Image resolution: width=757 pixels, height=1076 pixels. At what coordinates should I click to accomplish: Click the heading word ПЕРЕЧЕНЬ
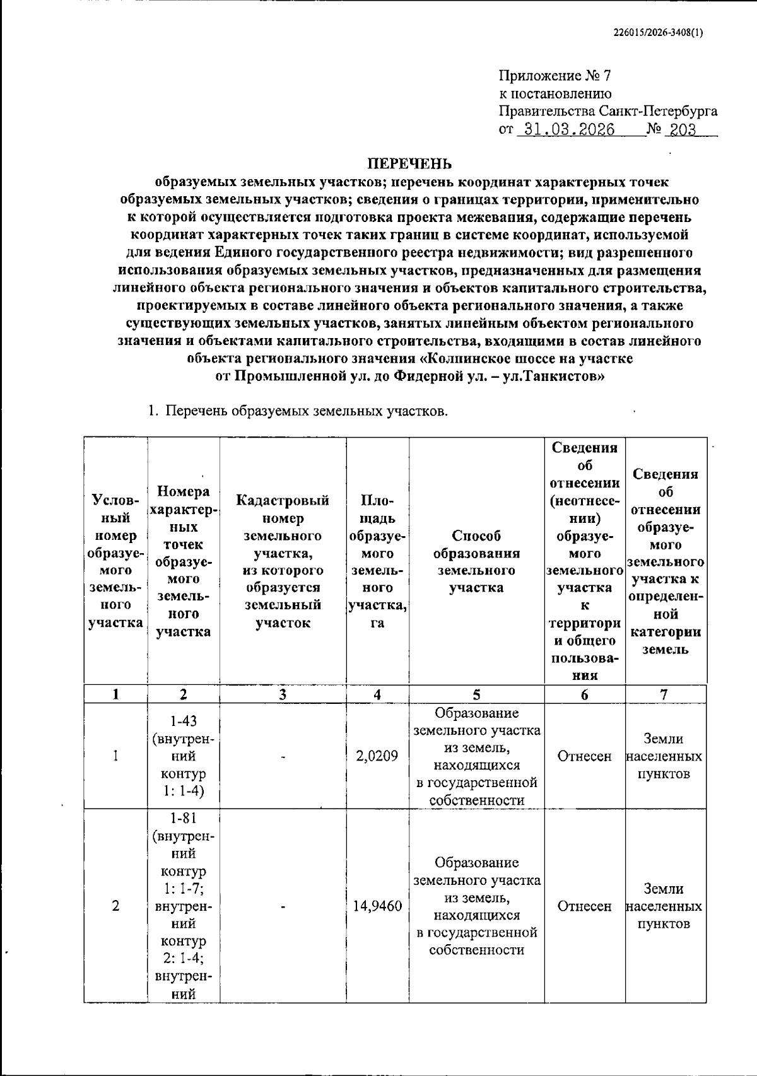pyautogui.click(x=410, y=164)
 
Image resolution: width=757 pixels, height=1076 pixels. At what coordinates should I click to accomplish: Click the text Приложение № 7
pyautogui.click(x=555, y=76)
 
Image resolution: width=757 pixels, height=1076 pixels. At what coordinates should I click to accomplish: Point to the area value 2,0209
pyautogui.click(x=377, y=756)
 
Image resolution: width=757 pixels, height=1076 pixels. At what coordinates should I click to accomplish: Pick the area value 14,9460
pyautogui.click(x=377, y=906)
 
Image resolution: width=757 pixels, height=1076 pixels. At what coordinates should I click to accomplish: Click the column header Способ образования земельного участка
pyautogui.click(x=476, y=561)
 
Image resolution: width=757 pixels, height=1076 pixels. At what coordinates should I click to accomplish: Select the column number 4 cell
pyautogui.click(x=377, y=694)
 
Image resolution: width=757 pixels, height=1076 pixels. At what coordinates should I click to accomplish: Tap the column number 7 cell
pyautogui.click(x=664, y=694)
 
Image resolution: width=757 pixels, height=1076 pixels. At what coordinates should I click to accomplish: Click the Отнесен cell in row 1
pyautogui.click(x=584, y=756)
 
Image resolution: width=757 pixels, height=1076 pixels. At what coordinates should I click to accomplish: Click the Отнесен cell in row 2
pyautogui.click(x=584, y=906)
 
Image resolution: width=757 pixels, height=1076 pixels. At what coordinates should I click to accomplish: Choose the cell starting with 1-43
pyautogui.click(x=183, y=756)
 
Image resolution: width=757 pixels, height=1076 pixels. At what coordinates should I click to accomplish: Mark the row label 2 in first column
pyautogui.click(x=115, y=906)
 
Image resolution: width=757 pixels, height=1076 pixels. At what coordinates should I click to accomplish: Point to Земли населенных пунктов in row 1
pyautogui.click(x=664, y=756)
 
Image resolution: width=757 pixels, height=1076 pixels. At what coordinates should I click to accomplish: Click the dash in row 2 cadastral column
pyautogui.click(x=283, y=906)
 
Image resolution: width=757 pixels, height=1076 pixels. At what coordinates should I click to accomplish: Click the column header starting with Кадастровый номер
pyautogui.click(x=283, y=561)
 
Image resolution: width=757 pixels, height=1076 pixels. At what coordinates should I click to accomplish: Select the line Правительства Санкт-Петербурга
pyautogui.click(x=607, y=112)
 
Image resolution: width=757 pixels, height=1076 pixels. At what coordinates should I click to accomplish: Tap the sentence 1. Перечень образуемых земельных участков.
pyautogui.click(x=297, y=412)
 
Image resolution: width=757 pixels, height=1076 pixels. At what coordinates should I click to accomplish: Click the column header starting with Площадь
pyautogui.click(x=377, y=561)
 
